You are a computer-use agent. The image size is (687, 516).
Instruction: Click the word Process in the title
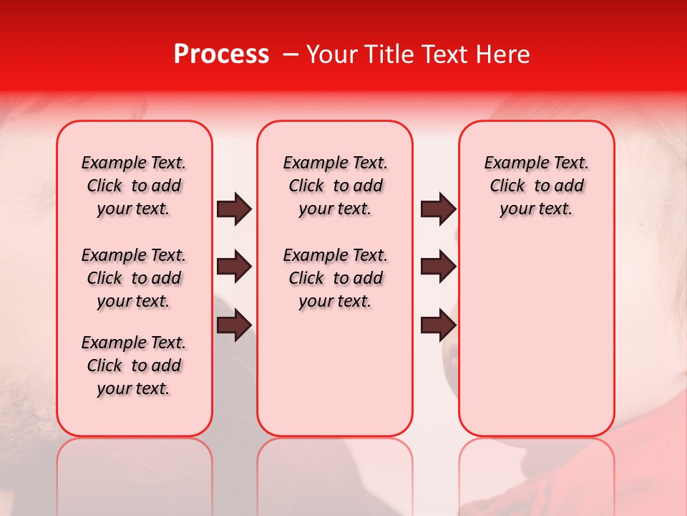(x=221, y=54)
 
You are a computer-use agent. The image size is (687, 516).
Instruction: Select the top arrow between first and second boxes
(x=234, y=209)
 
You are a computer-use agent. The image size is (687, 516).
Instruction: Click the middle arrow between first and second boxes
(x=234, y=267)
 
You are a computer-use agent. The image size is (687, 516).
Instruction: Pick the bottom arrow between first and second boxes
(x=234, y=325)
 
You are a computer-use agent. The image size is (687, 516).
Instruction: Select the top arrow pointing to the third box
(x=438, y=209)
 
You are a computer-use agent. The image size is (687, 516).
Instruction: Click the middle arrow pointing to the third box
(x=438, y=267)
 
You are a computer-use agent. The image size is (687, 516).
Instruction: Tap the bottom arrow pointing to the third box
(x=438, y=325)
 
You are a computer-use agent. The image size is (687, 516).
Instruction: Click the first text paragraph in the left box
(x=134, y=186)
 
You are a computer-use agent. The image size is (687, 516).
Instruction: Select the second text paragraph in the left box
(x=134, y=278)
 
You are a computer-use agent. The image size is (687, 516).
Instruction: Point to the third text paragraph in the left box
(x=134, y=365)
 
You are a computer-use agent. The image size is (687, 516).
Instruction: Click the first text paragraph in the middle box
(x=335, y=186)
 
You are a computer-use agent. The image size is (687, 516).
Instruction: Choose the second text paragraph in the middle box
(x=335, y=278)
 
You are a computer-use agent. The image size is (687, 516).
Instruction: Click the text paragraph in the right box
(x=536, y=186)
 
